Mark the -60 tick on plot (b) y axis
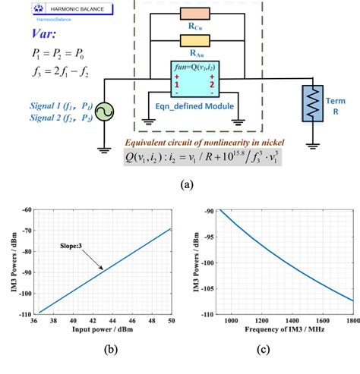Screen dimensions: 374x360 click(30, 209)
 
